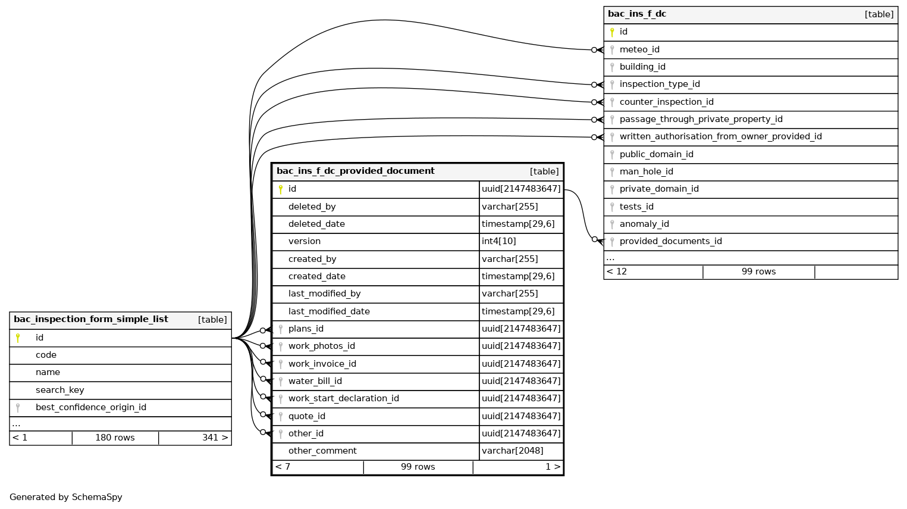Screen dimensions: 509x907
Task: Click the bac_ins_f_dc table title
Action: (636, 14)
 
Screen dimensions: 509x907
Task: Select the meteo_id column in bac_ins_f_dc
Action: (639, 50)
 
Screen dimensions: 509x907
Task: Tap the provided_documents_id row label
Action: (670, 242)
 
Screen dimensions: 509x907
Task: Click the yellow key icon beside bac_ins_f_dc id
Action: (611, 32)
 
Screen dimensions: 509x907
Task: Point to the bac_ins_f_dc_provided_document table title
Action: (355, 171)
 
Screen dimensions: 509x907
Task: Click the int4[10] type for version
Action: (499, 242)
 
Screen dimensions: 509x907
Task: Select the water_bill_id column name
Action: (315, 382)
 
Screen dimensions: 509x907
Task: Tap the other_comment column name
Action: (322, 451)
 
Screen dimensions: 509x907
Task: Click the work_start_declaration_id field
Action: (343, 399)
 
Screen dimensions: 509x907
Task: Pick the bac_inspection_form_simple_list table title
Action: (90, 320)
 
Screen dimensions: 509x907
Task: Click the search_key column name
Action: (59, 391)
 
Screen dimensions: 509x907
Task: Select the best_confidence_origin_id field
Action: (90, 408)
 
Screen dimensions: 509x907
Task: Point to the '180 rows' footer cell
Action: (115, 438)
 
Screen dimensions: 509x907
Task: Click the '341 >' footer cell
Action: (214, 438)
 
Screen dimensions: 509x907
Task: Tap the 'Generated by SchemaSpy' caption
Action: (65, 498)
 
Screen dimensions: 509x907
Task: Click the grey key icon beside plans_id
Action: (281, 329)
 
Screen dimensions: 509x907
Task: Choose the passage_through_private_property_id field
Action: (701, 120)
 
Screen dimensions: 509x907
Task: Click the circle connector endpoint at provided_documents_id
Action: (594, 239)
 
